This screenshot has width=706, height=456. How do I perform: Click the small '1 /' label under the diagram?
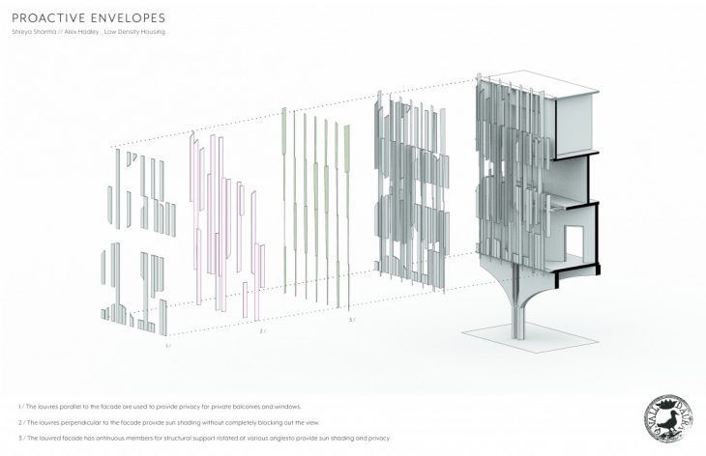pyautogui.click(x=168, y=345)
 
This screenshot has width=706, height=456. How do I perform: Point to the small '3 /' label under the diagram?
pyautogui.click(x=351, y=319)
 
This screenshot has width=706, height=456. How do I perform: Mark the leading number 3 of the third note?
pyautogui.click(x=19, y=438)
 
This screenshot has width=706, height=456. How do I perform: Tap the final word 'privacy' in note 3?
pyautogui.click(x=378, y=438)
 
